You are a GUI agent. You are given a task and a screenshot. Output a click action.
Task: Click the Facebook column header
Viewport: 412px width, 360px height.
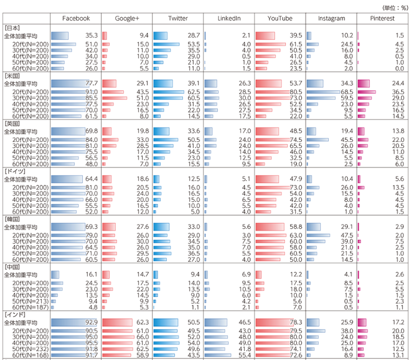[x=76, y=18]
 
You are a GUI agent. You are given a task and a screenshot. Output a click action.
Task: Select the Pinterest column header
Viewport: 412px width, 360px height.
[x=383, y=18]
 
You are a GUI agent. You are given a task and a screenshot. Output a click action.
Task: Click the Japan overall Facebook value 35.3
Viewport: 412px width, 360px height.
[x=91, y=36]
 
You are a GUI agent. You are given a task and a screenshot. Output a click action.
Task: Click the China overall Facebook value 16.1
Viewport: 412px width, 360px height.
[x=91, y=274]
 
